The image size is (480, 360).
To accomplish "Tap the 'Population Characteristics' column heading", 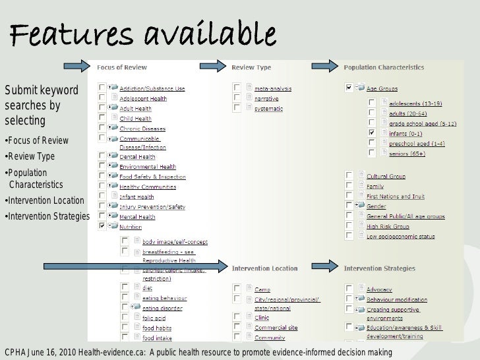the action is [x=384, y=67].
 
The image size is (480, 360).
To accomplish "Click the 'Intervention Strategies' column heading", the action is [x=379, y=268].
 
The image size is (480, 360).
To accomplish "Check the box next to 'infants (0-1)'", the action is [x=372, y=133].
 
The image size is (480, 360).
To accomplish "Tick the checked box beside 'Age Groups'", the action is [x=349, y=86].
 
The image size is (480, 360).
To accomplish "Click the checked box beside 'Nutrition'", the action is [x=102, y=226].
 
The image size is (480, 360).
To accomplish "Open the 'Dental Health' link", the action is [x=137, y=157].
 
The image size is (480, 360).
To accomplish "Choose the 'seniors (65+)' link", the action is [x=407, y=154].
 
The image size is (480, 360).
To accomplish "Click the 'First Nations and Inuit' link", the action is [x=396, y=196].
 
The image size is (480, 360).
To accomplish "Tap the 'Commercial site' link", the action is [x=276, y=327].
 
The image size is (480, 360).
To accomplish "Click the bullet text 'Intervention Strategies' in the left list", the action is [x=48, y=216].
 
